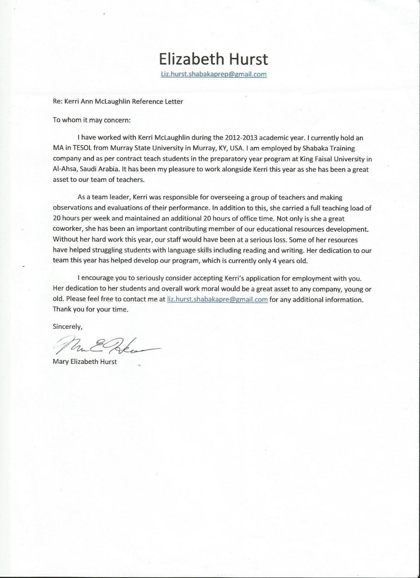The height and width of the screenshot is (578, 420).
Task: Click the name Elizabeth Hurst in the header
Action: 213,59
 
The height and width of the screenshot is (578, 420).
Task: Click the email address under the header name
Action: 213,74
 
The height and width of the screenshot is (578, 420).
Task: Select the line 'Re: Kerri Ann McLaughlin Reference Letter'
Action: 118,102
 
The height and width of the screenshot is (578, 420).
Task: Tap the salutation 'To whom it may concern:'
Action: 91,120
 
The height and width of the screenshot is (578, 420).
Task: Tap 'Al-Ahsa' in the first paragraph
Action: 64,169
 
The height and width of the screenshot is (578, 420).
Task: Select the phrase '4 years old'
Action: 292,261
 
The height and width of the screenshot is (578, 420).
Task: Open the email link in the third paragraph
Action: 217,299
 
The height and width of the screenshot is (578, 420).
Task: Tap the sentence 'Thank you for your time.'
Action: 90,310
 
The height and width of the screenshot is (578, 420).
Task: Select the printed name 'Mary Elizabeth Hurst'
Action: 85,361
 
